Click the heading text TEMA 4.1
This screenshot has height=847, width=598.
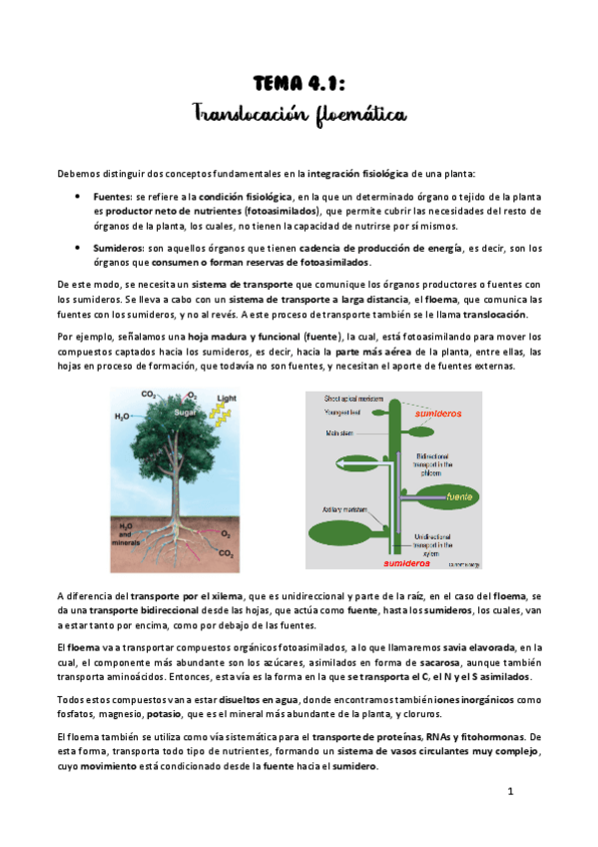pyautogui.click(x=299, y=86)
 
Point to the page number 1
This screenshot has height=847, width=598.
pyautogui.click(x=509, y=792)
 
